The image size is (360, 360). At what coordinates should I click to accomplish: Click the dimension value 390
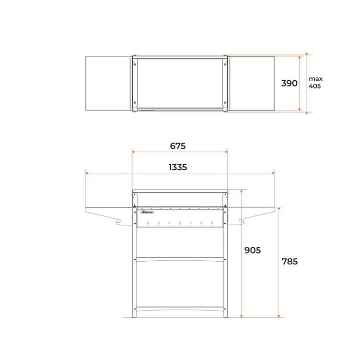(x=290, y=83)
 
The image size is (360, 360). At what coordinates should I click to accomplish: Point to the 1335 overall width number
(x=177, y=167)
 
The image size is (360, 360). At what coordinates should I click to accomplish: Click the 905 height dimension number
(x=253, y=250)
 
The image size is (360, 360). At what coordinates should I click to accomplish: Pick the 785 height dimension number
(x=290, y=261)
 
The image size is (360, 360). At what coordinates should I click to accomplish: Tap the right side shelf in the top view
(x=251, y=83)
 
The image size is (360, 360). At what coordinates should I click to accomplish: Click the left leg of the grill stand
(x=135, y=273)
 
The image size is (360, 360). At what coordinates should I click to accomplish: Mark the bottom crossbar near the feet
(x=179, y=310)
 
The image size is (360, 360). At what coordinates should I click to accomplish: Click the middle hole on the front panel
(x=179, y=223)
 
